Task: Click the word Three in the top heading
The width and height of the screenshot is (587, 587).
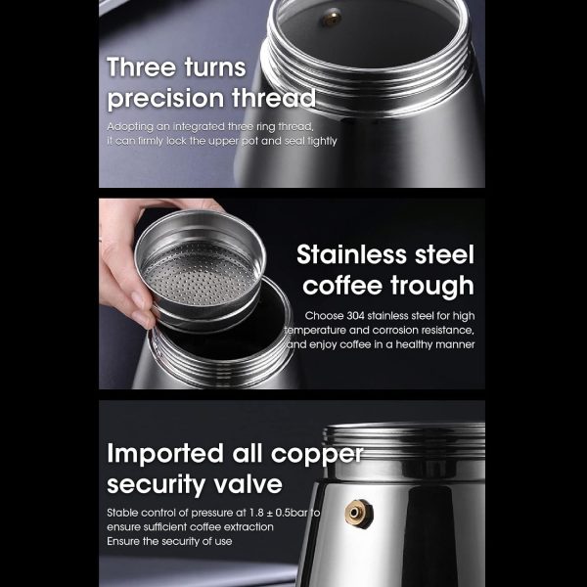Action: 141,68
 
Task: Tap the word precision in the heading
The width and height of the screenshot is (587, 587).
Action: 165,99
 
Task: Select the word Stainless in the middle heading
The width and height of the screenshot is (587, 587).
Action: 352,254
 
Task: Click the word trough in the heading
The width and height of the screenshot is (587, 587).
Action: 432,287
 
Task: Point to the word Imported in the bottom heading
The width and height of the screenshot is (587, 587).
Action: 165,454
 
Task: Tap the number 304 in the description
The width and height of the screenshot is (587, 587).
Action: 355,316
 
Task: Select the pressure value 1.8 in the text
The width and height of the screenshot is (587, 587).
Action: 256,513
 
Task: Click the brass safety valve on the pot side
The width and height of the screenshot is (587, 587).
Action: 359,513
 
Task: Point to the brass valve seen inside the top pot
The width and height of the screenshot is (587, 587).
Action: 332,18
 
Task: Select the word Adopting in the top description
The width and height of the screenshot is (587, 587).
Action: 130,127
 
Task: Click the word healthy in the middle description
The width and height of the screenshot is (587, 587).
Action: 418,344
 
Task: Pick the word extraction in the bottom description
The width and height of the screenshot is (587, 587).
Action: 251,527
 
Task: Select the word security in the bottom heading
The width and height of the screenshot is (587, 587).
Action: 156,485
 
